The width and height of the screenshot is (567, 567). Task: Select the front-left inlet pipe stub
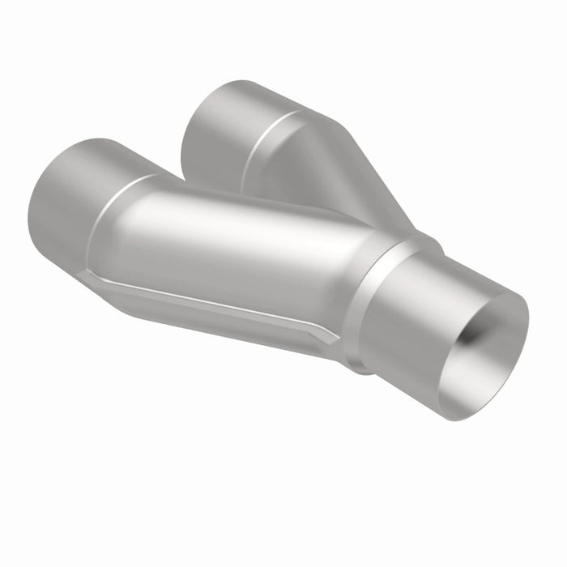73,194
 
